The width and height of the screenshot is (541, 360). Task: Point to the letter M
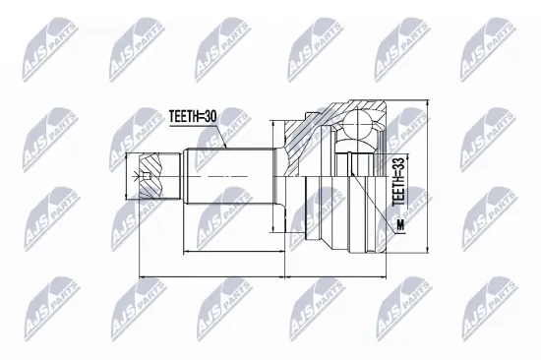click(x=399, y=229)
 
